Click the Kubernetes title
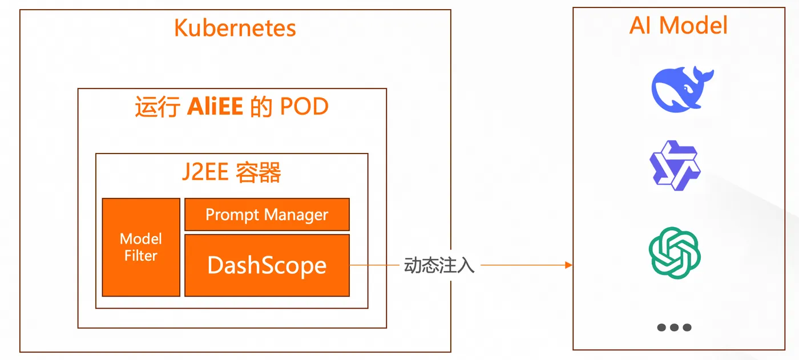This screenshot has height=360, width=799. [x=235, y=28]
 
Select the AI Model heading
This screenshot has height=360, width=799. [x=678, y=25]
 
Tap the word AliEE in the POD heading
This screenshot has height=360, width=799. [x=215, y=106]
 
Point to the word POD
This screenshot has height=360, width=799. [x=304, y=106]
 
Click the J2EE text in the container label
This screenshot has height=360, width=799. [x=205, y=172]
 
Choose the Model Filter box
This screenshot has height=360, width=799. [x=141, y=247]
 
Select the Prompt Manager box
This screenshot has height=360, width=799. [x=267, y=214]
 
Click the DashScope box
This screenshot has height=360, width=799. [x=267, y=265]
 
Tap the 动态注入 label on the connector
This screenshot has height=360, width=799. [x=439, y=265]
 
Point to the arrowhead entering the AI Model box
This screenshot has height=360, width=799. [x=569, y=265]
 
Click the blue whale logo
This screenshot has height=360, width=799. [x=683, y=89]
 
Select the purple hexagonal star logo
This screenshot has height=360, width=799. [x=675, y=165]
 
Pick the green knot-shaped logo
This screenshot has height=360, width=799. [x=675, y=253]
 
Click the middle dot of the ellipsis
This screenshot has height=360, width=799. [x=674, y=327]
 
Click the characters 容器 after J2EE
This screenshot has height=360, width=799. [x=258, y=172]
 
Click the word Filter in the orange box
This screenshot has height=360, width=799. [x=141, y=256]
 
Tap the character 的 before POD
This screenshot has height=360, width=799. [x=261, y=106]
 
